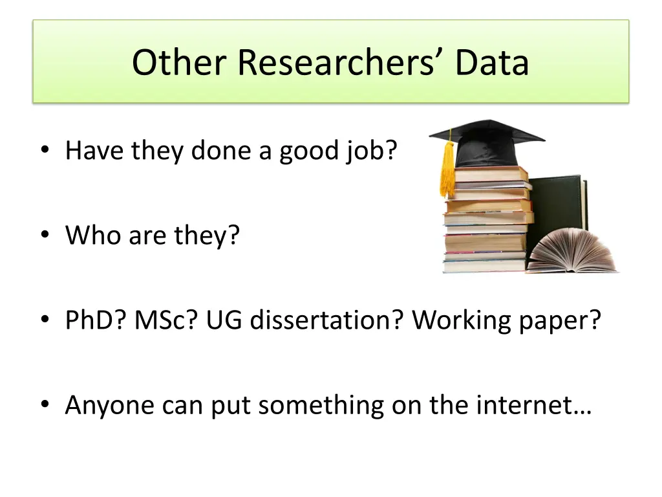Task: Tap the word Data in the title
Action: pos(492,63)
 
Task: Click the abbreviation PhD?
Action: pos(96,320)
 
